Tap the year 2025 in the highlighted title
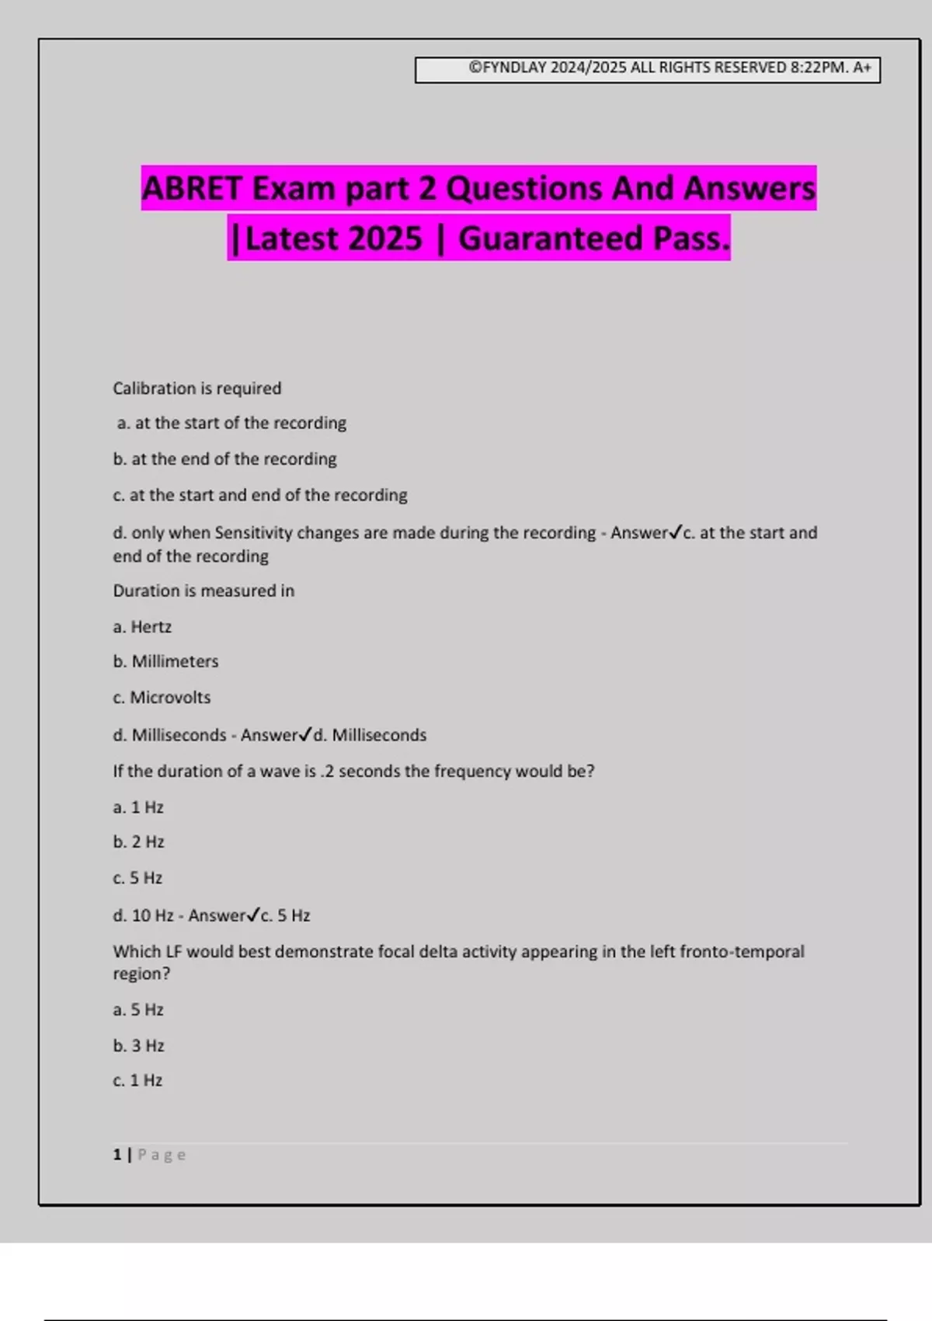point(385,239)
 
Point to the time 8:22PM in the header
point(818,68)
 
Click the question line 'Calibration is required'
point(197,389)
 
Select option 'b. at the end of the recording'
point(224,459)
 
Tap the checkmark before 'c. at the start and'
point(675,532)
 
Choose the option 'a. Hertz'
point(142,627)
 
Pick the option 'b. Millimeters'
point(165,661)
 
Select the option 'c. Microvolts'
point(162,698)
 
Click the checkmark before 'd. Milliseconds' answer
point(306,734)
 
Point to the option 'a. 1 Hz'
point(138,807)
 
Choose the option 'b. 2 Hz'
point(138,842)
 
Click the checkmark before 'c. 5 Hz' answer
point(252,915)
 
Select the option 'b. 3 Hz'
point(138,1046)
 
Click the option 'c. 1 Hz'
point(137,1081)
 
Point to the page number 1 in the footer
point(117,1155)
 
